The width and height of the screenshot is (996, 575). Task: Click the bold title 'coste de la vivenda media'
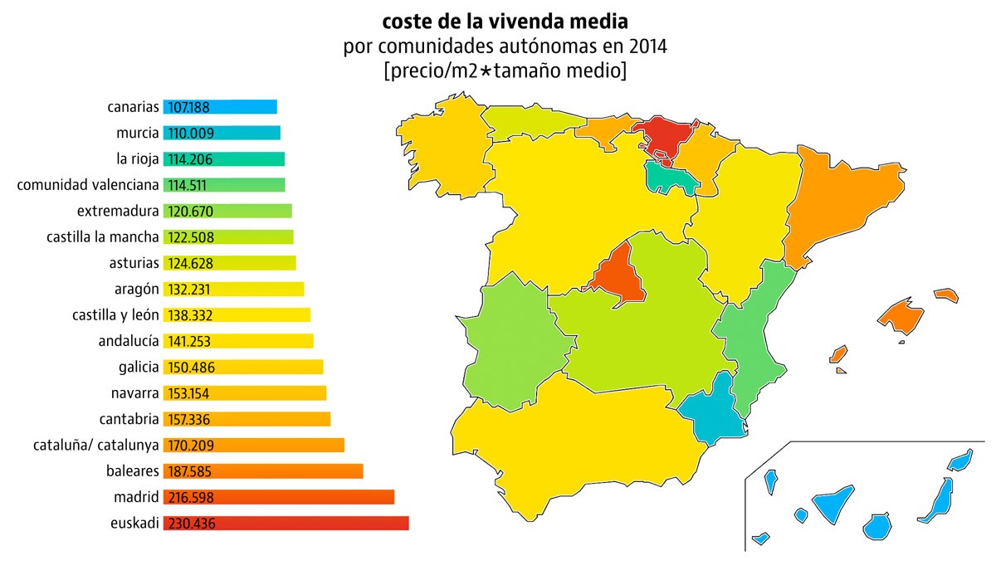coord(505,19)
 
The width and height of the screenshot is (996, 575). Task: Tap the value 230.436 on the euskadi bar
coord(192,524)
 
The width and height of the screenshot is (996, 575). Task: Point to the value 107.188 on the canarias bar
coord(191,107)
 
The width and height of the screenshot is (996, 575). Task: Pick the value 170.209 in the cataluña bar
coord(192,446)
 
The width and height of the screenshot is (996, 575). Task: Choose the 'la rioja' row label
coord(138,158)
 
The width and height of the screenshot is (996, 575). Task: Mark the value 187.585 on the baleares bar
coord(192,471)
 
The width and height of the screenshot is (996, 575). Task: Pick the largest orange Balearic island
coord(901,318)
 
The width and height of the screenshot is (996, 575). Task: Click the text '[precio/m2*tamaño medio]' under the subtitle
coord(505,71)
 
